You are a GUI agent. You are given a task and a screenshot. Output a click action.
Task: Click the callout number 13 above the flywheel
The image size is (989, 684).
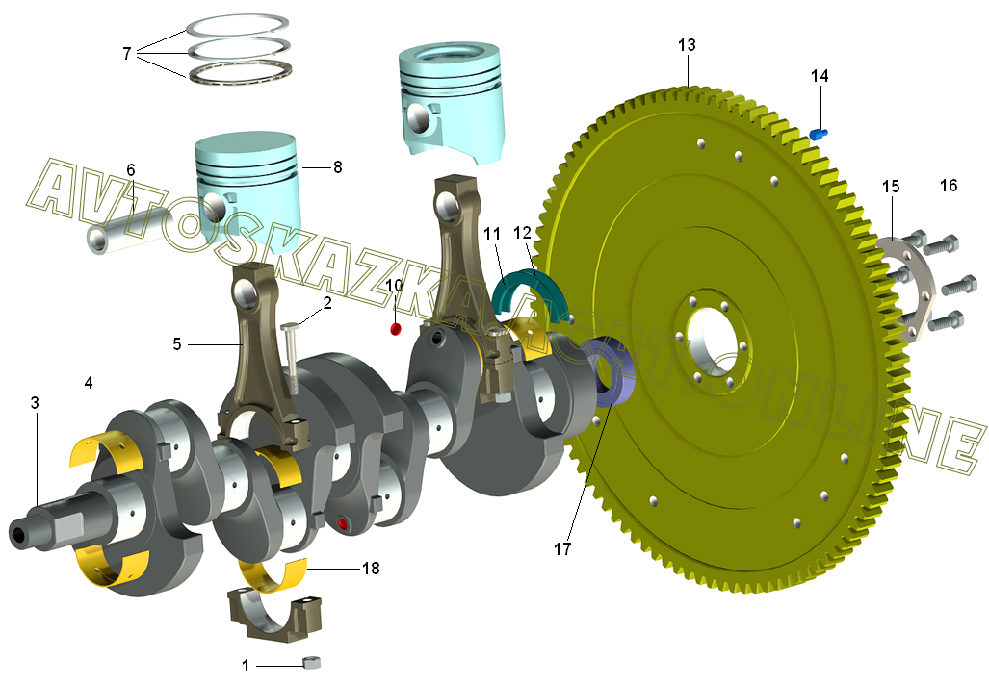pyautogui.click(x=687, y=45)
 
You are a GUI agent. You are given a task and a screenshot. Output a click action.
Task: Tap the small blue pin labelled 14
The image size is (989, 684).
pyautogui.click(x=820, y=133)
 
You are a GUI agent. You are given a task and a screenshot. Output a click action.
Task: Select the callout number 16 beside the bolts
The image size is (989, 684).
pyautogui.click(x=949, y=186)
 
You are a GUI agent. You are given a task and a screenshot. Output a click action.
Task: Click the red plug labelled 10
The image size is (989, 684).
pyautogui.click(x=394, y=331)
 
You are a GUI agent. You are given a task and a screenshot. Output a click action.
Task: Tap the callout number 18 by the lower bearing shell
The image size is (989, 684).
pyautogui.click(x=371, y=569)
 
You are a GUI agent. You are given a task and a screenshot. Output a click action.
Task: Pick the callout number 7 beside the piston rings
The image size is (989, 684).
pyautogui.click(x=126, y=53)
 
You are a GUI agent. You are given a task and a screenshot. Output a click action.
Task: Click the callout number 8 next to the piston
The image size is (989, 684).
pyautogui.click(x=337, y=166)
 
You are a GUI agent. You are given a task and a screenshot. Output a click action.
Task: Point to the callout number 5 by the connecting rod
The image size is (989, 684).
pyautogui.click(x=177, y=342)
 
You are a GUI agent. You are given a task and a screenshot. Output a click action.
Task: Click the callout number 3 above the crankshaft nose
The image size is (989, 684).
pyautogui.click(x=35, y=403)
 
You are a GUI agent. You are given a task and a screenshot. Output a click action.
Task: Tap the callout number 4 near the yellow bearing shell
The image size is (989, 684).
pyautogui.click(x=89, y=383)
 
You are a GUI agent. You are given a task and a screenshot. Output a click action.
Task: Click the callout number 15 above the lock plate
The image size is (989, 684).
pyautogui.click(x=891, y=186)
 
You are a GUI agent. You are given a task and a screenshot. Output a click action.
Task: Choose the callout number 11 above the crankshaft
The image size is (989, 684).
pyautogui.click(x=492, y=234)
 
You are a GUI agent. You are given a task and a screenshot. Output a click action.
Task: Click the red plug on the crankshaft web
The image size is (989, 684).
pyautogui.click(x=343, y=523)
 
